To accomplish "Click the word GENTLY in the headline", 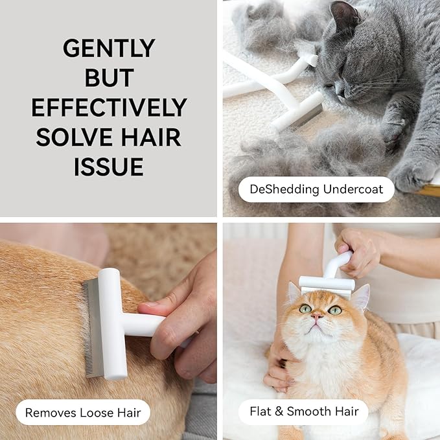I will point(109,48).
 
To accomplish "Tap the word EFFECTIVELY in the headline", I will point(109,108).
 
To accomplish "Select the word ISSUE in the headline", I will point(109,167).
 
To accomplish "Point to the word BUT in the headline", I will point(109,78).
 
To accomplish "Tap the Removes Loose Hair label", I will point(83,412).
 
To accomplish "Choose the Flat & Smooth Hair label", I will point(304,411).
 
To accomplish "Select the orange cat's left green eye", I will point(305,309).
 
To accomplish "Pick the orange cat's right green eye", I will point(335,310).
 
